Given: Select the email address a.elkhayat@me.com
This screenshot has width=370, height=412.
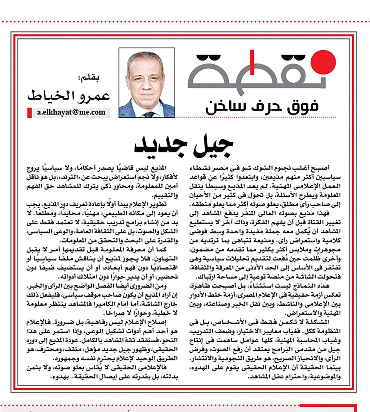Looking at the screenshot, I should click(71, 112).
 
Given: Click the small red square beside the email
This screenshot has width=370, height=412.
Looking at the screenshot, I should click(30, 112).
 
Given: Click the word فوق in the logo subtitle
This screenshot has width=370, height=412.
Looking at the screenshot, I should click(304, 106).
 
